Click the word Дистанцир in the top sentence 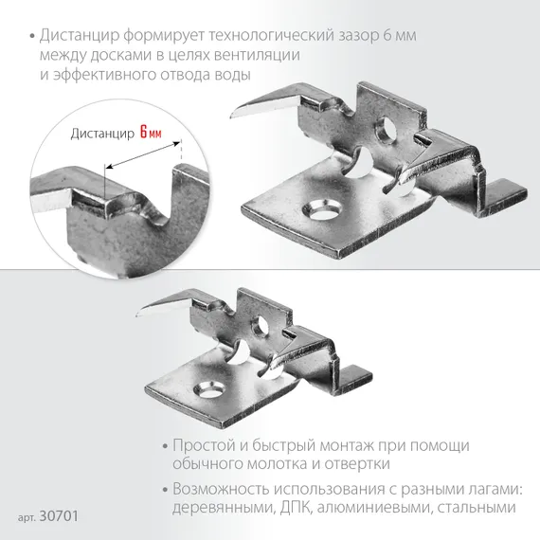[74, 35]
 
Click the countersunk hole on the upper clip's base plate [315, 207]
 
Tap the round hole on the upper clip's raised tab [387, 128]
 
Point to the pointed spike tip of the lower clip [141, 314]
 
